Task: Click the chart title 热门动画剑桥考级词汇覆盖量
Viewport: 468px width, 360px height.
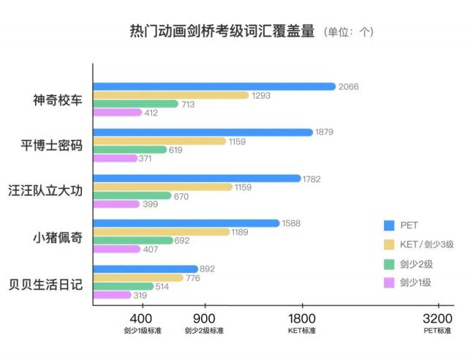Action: point(222,31)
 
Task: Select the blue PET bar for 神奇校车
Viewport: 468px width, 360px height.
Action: point(214,86)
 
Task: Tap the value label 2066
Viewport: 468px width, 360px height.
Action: point(347,86)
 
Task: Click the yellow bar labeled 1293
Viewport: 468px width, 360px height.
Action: point(171,95)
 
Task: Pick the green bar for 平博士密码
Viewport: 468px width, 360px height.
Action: point(129,149)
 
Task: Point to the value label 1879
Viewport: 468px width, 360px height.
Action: point(325,132)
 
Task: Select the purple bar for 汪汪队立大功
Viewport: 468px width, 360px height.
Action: point(116,204)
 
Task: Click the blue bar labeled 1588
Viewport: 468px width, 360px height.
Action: point(186,223)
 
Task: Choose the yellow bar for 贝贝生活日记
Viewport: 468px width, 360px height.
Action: point(138,277)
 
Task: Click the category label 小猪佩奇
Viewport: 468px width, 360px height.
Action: point(58,237)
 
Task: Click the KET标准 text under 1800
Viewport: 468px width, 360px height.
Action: point(302,331)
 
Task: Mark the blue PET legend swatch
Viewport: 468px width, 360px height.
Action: point(389,225)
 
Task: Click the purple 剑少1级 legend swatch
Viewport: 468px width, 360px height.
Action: point(389,283)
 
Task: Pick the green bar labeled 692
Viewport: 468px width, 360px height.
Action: point(132,240)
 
